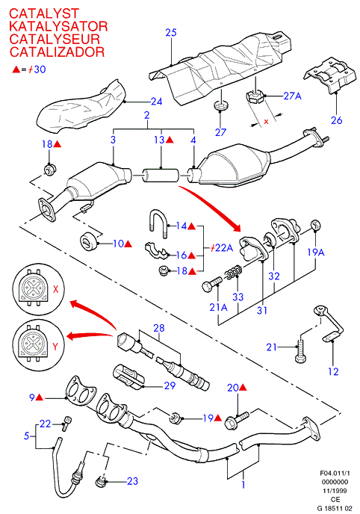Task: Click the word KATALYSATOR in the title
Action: [58, 26]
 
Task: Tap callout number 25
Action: [171, 32]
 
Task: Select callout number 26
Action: [336, 120]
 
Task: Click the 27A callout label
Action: [292, 96]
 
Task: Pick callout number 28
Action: [159, 328]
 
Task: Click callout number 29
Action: [170, 385]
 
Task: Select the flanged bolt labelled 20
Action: [237, 421]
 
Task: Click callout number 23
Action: [132, 481]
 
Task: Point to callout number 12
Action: [333, 372]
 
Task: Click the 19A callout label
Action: [316, 253]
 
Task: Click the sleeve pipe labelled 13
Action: [160, 176]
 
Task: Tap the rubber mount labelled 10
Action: [88, 242]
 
